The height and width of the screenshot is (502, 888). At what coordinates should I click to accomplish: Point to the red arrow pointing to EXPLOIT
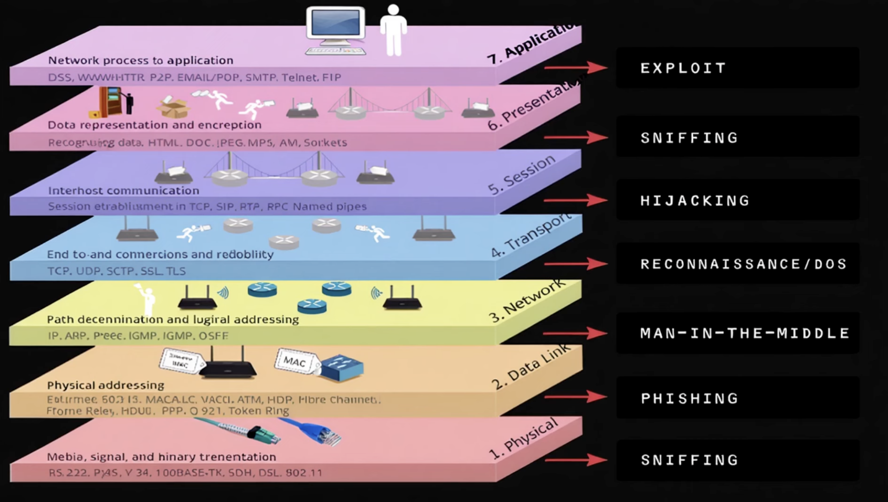click(x=575, y=68)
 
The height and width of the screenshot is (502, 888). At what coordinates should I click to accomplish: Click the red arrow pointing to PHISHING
click(x=575, y=397)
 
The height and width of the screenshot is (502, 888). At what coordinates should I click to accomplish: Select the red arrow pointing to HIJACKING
click(x=575, y=200)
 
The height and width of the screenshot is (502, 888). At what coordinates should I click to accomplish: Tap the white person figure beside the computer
click(x=393, y=31)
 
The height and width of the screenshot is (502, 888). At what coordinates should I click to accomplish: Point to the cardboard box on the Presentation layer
click(x=173, y=108)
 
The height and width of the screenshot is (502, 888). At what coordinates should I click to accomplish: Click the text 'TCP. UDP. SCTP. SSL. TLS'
click(x=117, y=271)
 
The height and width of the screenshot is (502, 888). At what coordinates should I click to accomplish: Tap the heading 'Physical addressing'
click(x=106, y=385)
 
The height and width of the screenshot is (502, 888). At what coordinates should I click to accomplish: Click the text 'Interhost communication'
click(x=124, y=190)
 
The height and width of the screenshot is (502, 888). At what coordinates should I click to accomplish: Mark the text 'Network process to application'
click(x=141, y=60)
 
